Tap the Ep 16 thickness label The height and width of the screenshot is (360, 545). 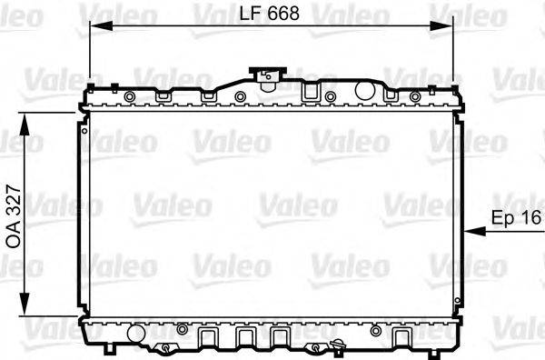click(x=515, y=218)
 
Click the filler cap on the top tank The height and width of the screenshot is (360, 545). click(x=267, y=76)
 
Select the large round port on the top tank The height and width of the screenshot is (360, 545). click(x=364, y=90)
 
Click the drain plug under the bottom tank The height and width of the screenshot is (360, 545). click(x=339, y=346)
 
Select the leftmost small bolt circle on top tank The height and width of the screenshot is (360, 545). click(x=129, y=96)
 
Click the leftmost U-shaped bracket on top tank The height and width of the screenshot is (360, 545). click(x=165, y=94)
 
